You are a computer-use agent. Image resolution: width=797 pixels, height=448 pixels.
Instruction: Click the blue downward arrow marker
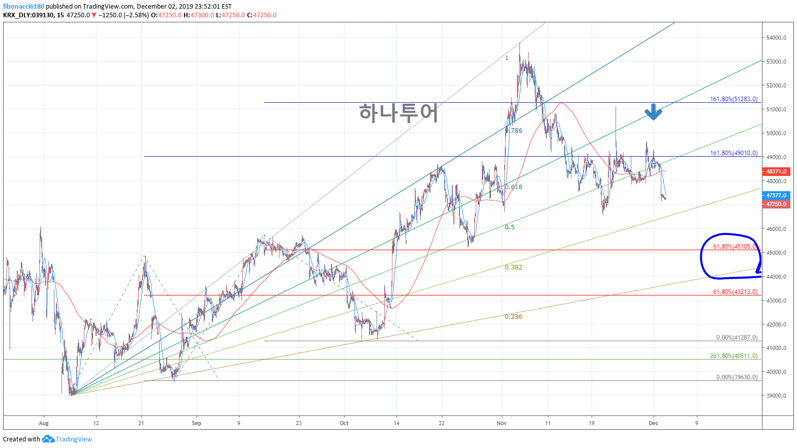653,112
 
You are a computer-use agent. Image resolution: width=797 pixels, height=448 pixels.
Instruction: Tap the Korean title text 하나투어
398,112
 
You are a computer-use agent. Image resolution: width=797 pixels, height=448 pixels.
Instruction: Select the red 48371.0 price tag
776,172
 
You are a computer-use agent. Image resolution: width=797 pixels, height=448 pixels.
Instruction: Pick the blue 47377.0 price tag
776,195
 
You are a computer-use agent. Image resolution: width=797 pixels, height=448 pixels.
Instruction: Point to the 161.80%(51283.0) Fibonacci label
733,99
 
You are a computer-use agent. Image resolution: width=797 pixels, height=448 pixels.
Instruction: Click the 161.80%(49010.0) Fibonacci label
733,153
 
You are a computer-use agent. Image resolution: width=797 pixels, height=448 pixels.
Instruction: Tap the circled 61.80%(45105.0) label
734,247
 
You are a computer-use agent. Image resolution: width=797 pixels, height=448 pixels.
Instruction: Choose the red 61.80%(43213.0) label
735,292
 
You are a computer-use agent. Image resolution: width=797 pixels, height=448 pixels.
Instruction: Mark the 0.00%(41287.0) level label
737,338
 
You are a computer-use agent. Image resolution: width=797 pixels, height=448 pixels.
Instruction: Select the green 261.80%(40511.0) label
733,356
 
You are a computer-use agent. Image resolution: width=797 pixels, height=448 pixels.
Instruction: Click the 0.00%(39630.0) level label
737,377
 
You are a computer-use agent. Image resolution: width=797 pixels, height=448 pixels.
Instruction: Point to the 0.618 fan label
513,187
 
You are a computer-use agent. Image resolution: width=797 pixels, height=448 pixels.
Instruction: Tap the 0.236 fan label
513,317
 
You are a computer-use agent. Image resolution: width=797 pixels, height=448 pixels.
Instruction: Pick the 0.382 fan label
513,267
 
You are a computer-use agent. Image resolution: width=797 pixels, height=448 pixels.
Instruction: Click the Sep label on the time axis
197,423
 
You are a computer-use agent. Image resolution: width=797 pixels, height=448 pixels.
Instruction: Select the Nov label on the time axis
502,423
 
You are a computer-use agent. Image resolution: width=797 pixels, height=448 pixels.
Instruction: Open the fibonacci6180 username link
23,7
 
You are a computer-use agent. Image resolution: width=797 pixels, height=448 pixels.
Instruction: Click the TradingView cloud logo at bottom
48,439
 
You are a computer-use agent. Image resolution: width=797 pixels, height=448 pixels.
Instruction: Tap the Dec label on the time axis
654,423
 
